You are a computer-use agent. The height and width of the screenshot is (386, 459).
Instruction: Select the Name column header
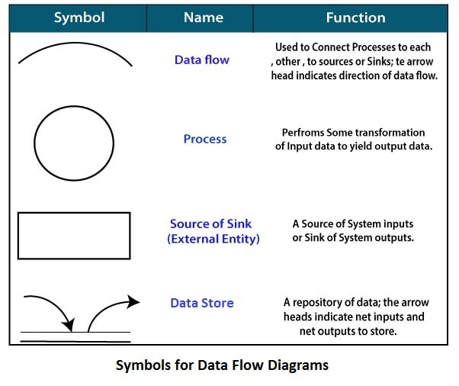[x=204, y=18]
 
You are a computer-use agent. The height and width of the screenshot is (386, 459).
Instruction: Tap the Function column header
[x=355, y=18]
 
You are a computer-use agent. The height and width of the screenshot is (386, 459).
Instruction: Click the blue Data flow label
[x=201, y=60]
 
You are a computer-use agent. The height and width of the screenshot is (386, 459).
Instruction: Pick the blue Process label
[x=204, y=139]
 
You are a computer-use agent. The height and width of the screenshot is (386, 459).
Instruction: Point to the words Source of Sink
[x=210, y=224]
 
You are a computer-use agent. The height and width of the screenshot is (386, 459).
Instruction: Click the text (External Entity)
[x=213, y=239]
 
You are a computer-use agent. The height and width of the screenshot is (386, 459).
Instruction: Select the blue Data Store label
[x=202, y=303]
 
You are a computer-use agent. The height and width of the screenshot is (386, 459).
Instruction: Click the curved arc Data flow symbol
[x=75, y=51]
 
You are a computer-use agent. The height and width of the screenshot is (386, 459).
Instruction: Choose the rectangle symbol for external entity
[x=74, y=236]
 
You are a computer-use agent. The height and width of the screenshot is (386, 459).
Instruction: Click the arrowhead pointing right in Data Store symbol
[x=134, y=301]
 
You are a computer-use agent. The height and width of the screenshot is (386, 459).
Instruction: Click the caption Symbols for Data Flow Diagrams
[x=222, y=365]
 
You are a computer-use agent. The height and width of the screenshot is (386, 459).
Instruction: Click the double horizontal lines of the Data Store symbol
[x=74, y=336]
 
